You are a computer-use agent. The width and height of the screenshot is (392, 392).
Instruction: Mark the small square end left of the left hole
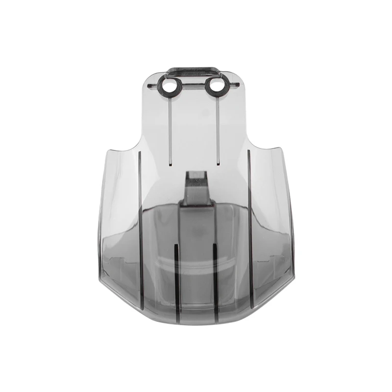point(151,85)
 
